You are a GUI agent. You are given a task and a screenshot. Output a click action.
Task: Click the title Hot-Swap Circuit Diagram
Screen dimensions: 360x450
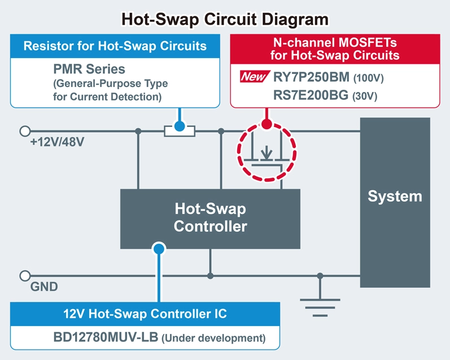point(225,20)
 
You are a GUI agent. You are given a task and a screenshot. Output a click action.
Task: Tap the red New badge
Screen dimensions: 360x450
point(252,77)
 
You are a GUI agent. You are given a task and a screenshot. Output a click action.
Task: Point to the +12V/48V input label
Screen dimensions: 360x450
point(57,142)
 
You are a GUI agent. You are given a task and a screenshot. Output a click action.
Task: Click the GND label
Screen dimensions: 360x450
point(44,287)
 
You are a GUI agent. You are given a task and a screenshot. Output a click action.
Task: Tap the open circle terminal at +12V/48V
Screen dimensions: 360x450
point(24,131)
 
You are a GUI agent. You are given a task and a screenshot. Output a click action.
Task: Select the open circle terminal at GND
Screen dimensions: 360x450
point(24,276)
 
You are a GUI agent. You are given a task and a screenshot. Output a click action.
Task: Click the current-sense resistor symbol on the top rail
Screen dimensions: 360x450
point(180,131)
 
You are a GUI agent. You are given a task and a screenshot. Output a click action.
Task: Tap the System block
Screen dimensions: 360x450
point(395,196)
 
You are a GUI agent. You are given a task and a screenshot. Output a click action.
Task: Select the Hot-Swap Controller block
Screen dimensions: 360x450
point(210,218)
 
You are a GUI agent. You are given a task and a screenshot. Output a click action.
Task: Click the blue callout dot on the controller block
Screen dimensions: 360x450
point(159,248)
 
